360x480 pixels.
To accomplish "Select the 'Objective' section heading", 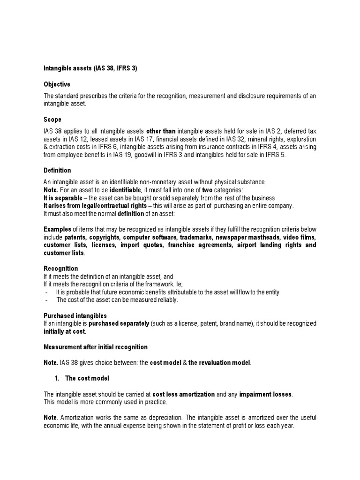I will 57,84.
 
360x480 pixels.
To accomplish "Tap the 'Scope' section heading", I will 52,120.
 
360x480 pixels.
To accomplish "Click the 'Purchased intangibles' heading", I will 75,316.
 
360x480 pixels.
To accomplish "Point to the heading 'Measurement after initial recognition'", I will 95,347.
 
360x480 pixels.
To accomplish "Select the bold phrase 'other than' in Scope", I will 161,132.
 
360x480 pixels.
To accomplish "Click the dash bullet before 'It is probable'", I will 46,292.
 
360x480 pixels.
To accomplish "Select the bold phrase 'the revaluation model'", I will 219,362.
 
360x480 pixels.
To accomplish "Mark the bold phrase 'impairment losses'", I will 266,394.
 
